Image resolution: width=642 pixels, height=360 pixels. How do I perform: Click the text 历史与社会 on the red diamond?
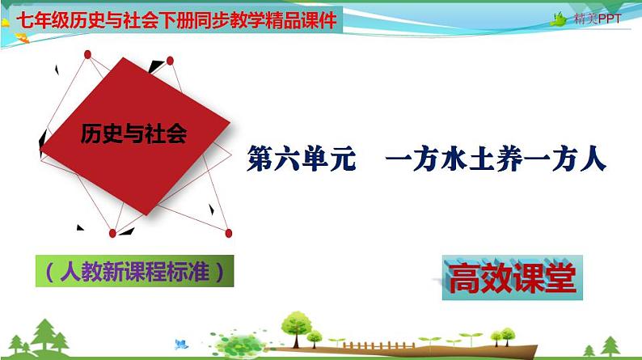coord(133,134)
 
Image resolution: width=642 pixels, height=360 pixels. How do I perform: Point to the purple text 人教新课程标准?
coord(134,272)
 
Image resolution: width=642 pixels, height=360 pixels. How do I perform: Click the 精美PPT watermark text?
coord(597,19)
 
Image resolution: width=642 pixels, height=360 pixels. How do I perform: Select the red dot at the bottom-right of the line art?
coord(228,233)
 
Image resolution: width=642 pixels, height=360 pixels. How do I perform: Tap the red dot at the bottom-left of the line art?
coord(112,233)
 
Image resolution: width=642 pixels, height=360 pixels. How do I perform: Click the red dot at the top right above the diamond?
coord(170,60)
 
